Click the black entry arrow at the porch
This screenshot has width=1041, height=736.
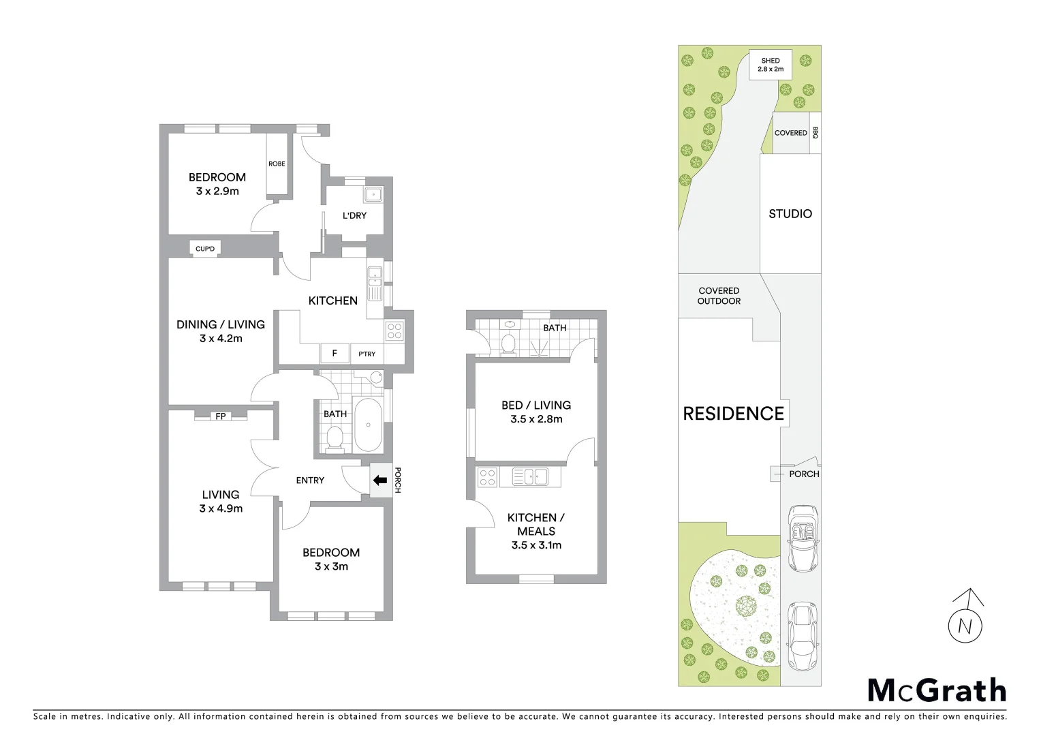click(379, 480)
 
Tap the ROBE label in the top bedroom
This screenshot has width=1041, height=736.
click(277, 164)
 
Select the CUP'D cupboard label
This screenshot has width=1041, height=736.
click(205, 249)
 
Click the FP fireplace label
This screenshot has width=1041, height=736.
click(221, 416)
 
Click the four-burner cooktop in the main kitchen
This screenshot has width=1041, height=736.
click(394, 331)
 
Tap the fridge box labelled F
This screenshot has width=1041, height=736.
click(335, 353)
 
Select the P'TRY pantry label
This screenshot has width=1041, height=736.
click(367, 354)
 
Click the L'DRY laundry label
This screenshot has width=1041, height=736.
click(354, 215)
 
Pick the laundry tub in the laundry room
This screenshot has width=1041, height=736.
click(373, 195)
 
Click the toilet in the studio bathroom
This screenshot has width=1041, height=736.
click(508, 343)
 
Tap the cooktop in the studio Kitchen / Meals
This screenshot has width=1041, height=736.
click(487, 477)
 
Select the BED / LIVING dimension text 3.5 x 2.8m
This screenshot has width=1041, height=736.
click(536, 419)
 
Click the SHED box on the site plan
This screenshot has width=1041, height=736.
click(771, 64)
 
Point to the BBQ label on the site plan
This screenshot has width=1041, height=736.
click(815, 133)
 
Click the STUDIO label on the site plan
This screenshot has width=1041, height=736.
click(790, 213)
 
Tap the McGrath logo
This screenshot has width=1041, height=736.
click(937, 690)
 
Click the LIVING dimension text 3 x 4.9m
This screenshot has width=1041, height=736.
click(221, 508)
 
